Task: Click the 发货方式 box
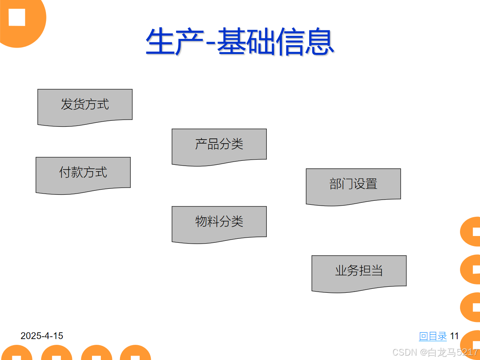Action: point(85,105)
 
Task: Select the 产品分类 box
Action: point(219,144)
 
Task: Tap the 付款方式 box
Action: point(83,173)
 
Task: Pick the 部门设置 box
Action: point(353,184)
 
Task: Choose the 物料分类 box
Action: point(219,222)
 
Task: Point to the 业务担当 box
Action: point(359,271)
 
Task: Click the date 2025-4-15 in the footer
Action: point(42,336)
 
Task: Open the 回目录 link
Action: point(433,336)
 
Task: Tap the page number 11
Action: point(454,336)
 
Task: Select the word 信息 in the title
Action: point(305,42)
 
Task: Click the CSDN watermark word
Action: point(405,352)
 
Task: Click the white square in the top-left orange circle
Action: point(17,17)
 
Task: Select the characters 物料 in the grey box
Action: point(207,222)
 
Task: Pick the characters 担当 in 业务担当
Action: point(371,271)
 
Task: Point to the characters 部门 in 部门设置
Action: point(341,184)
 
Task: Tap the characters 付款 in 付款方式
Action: point(71,173)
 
